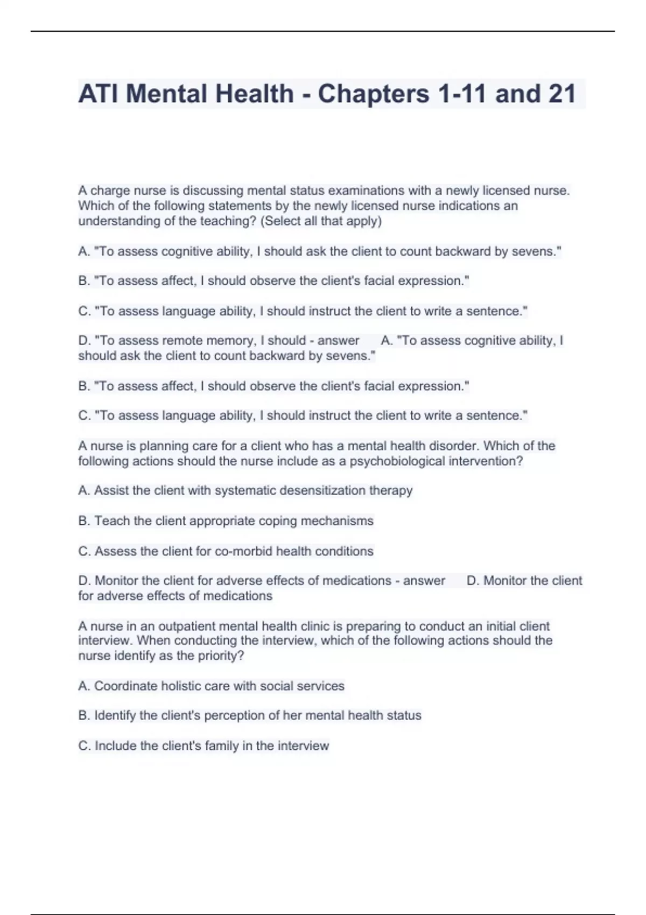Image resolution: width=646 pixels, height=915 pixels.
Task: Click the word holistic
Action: click(x=182, y=686)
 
